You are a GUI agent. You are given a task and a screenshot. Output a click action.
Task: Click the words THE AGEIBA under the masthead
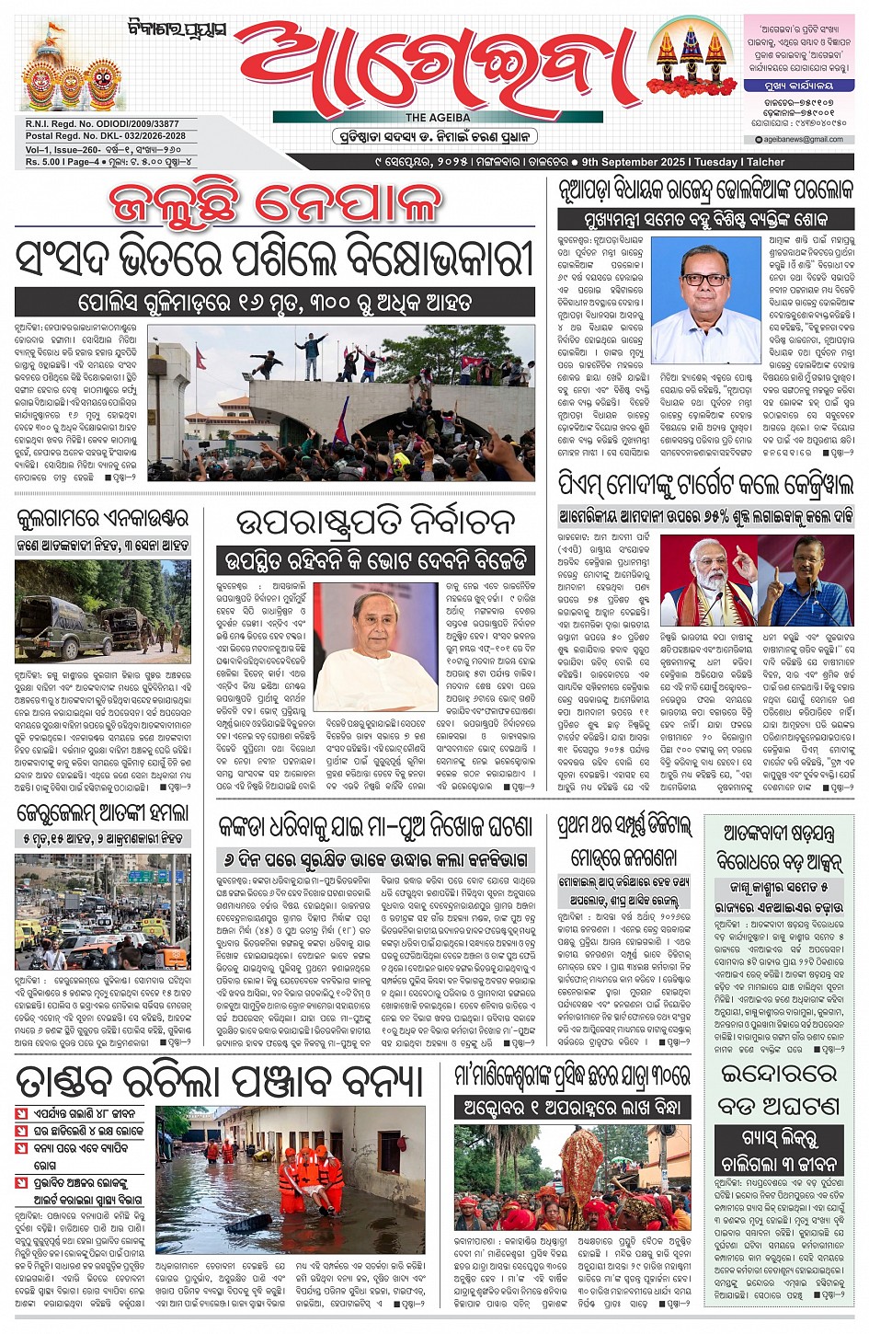point(438,118)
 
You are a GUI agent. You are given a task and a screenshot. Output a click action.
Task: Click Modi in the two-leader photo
point(705,582)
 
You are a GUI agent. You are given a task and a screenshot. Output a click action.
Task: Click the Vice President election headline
point(375,523)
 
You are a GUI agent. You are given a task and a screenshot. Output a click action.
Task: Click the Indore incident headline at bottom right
point(778,1087)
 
